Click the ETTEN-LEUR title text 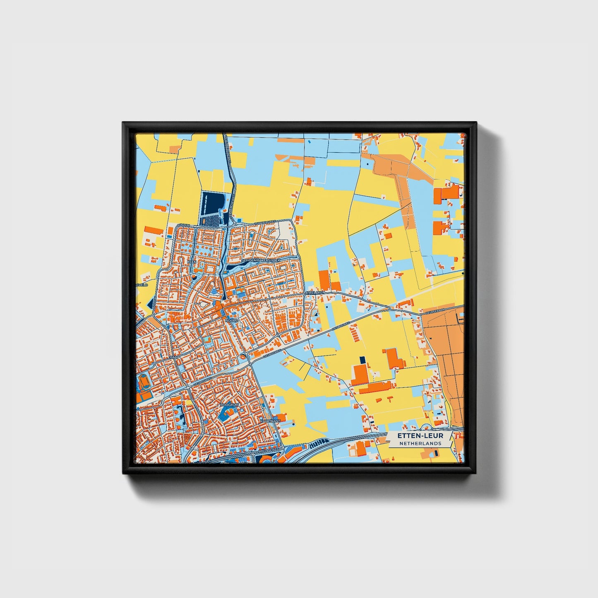(x=420, y=436)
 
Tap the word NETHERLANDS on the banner (x=420, y=443)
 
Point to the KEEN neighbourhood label (x=192, y=262)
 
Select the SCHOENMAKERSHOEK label (x=262, y=260)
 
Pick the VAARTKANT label (x=270, y=420)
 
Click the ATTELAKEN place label (x=315, y=292)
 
